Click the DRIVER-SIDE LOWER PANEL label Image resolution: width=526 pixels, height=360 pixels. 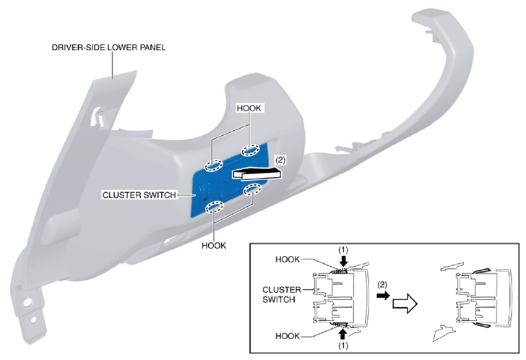[108, 47]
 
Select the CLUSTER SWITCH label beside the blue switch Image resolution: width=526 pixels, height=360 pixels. [139, 195]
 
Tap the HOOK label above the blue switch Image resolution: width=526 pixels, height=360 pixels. [249, 108]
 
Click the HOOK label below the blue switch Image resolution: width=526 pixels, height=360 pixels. [214, 246]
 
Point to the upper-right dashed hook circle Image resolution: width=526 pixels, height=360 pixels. [250, 150]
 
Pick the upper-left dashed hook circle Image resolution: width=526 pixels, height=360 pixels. [214, 166]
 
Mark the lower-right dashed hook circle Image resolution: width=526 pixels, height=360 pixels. [252, 189]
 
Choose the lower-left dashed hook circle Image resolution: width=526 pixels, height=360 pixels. [215, 207]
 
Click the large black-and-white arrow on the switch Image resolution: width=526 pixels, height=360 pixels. [257, 173]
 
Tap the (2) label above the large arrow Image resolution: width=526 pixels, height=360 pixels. [280, 160]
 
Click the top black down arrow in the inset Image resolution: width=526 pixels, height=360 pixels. [343, 260]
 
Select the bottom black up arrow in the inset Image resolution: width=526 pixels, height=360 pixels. [342, 334]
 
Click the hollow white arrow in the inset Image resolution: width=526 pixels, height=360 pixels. [405, 304]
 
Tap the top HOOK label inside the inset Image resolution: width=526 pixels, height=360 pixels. [288, 260]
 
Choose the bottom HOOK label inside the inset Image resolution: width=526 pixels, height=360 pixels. [288, 336]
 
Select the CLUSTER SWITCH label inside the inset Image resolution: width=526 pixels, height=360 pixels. [282, 294]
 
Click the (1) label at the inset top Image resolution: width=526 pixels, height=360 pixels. [342, 250]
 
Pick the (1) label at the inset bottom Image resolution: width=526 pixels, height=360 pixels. [342, 346]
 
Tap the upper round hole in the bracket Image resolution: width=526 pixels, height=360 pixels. [28, 301]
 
